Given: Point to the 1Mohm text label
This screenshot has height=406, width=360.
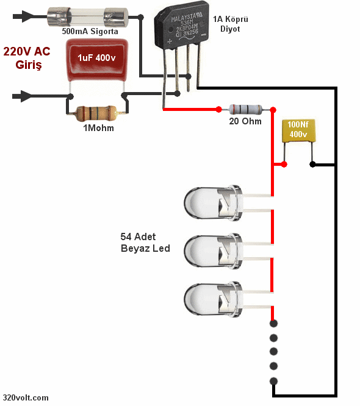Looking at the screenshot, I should click(x=98, y=129).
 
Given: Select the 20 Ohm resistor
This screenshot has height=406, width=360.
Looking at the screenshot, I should click(x=246, y=110).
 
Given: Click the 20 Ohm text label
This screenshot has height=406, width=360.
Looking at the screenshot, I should click(x=246, y=121).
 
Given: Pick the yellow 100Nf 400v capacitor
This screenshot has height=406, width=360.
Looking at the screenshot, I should click(x=298, y=131).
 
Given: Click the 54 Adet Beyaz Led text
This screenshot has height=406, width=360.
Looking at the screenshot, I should click(x=145, y=243).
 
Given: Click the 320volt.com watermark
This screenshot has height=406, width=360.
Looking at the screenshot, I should click(x=25, y=397).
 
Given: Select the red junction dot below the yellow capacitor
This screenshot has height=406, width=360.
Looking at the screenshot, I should click(x=283, y=165).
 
